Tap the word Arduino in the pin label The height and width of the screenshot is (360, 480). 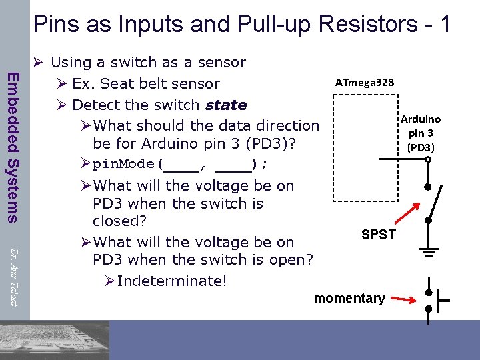tap(420, 119)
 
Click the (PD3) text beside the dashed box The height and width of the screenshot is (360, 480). tap(421, 147)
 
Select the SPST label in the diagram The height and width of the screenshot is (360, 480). tap(378, 235)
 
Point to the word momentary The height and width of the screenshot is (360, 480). tap(349, 298)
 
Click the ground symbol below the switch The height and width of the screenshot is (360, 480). tap(429, 251)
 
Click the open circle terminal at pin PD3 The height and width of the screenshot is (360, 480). tap(429, 159)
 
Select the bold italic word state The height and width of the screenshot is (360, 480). tap(226, 105)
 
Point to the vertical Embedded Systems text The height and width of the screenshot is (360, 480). tap(12, 147)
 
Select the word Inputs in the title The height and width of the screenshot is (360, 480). tap(135, 24)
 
